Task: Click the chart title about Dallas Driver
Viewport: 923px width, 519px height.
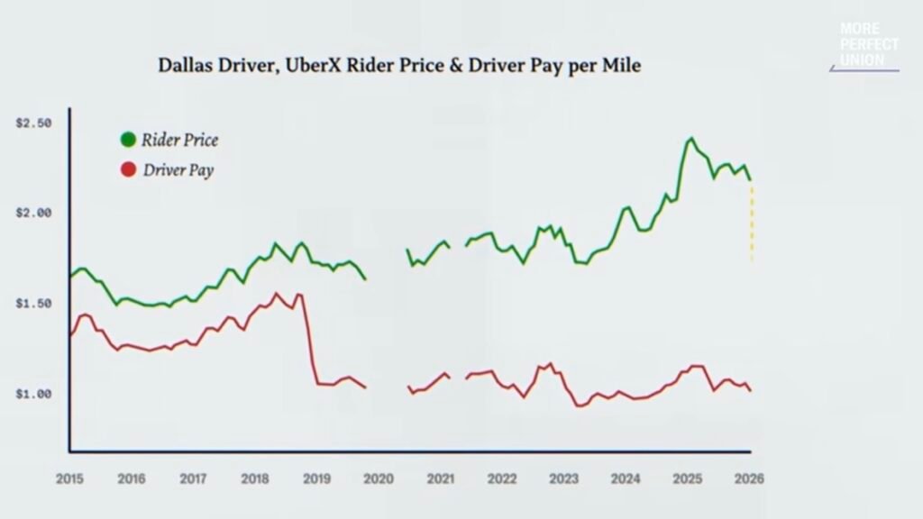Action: (399, 65)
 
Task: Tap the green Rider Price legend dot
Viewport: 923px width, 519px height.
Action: (128, 140)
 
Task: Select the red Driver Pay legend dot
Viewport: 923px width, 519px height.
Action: (128, 169)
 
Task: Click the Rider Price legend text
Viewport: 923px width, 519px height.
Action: (179, 140)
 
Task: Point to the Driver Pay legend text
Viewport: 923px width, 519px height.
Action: (178, 170)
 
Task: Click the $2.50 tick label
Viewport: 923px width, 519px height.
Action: (33, 123)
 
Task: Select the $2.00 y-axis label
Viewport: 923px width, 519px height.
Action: (33, 213)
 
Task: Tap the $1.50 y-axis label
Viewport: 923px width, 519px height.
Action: (33, 303)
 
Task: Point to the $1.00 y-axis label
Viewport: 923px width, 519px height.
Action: (33, 394)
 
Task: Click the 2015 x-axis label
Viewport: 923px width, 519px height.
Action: (69, 478)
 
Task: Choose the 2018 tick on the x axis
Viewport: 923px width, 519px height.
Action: (255, 478)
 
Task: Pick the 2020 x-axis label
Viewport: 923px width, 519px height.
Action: (379, 478)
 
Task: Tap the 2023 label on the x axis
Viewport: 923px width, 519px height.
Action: (564, 478)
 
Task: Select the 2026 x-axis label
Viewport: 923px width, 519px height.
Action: (749, 478)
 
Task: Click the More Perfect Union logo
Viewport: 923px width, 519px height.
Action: (866, 46)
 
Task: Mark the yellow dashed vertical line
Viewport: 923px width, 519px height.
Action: (752, 223)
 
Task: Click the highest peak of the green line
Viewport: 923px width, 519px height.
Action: (691, 138)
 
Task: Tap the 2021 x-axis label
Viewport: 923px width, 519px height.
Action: (440, 478)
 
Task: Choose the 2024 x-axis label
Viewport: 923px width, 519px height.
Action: (626, 478)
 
